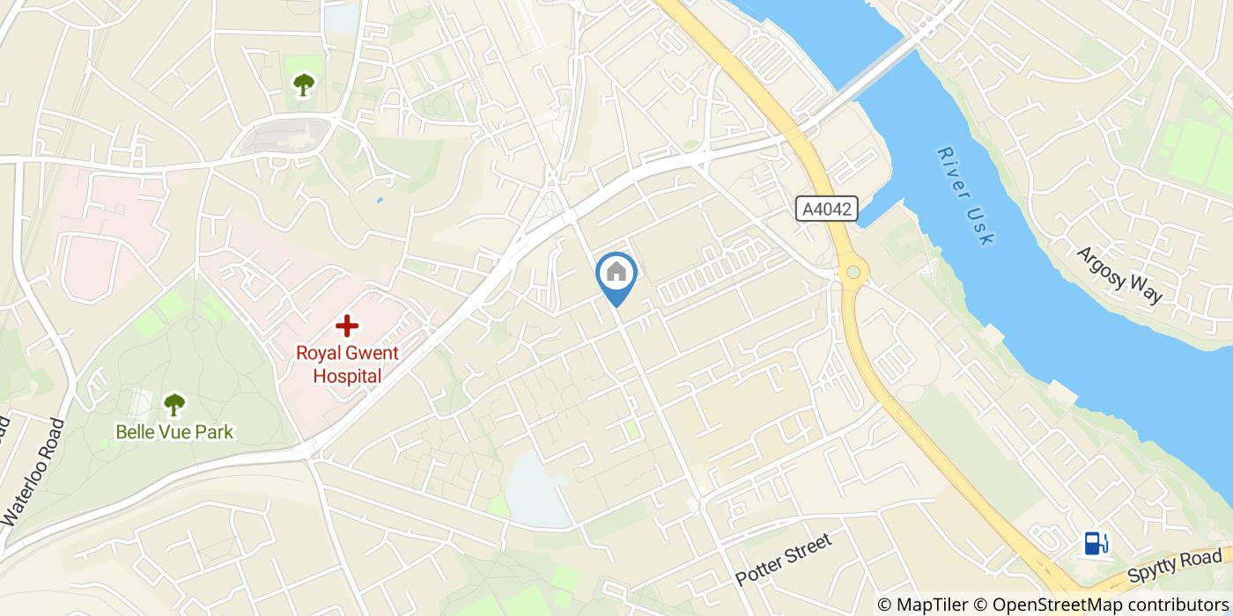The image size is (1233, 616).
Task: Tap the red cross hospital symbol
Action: click(347, 326)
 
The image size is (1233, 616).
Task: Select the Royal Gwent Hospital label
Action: click(347, 365)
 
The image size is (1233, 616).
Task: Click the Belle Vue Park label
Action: click(174, 432)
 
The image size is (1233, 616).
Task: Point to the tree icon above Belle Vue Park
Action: click(174, 405)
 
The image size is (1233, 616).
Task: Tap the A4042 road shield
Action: click(826, 209)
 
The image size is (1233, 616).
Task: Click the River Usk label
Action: click(965, 195)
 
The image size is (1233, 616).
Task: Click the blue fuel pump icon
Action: click(1096, 543)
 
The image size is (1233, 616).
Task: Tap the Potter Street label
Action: click(783, 560)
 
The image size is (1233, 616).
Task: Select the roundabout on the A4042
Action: click(853, 274)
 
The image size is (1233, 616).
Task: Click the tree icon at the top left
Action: click(304, 84)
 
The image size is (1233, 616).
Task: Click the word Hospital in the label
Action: click(347, 377)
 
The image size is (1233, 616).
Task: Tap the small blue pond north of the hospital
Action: click(379, 200)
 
